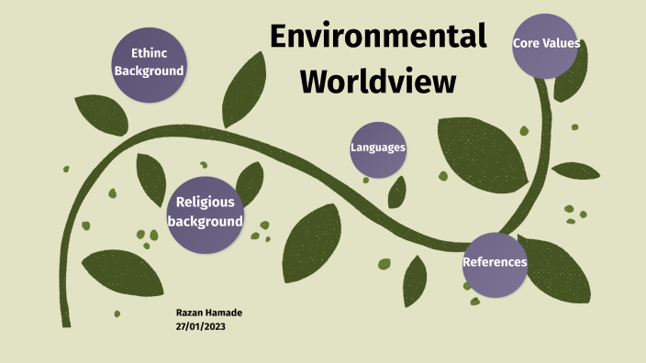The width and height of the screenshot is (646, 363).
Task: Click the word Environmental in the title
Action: [x=378, y=37]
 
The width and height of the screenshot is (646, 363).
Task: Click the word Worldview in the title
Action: [x=378, y=81]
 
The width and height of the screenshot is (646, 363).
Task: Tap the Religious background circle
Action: [x=206, y=213]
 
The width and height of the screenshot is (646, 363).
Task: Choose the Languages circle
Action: [x=378, y=148]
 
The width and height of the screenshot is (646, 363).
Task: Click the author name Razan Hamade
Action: [x=208, y=313]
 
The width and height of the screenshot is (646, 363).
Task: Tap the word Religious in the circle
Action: [x=206, y=203]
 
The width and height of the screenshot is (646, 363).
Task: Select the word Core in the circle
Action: [x=526, y=41]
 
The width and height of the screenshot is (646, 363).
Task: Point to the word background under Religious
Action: [x=206, y=222]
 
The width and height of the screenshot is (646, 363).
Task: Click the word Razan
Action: [x=191, y=313]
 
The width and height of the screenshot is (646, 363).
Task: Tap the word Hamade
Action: [x=225, y=313]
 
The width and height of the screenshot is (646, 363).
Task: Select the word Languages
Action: [x=378, y=148]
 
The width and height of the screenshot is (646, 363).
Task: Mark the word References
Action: [x=496, y=263]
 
